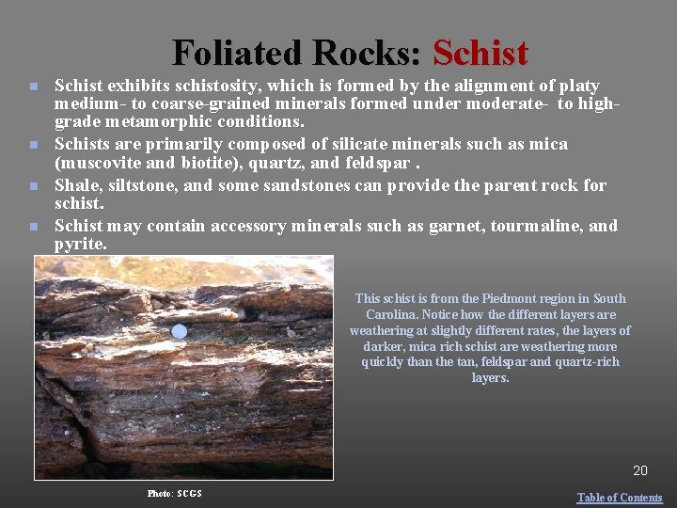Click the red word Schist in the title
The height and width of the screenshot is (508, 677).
(x=481, y=54)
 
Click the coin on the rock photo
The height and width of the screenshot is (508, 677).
(x=180, y=331)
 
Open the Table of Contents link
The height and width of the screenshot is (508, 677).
(x=619, y=498)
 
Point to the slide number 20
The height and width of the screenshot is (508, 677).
(x=639, y=470)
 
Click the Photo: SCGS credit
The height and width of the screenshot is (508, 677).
(x=174, y=493)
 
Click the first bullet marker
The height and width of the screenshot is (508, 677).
(x=33, y=87)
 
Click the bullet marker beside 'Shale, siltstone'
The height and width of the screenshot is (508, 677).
(x=33, y=186)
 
